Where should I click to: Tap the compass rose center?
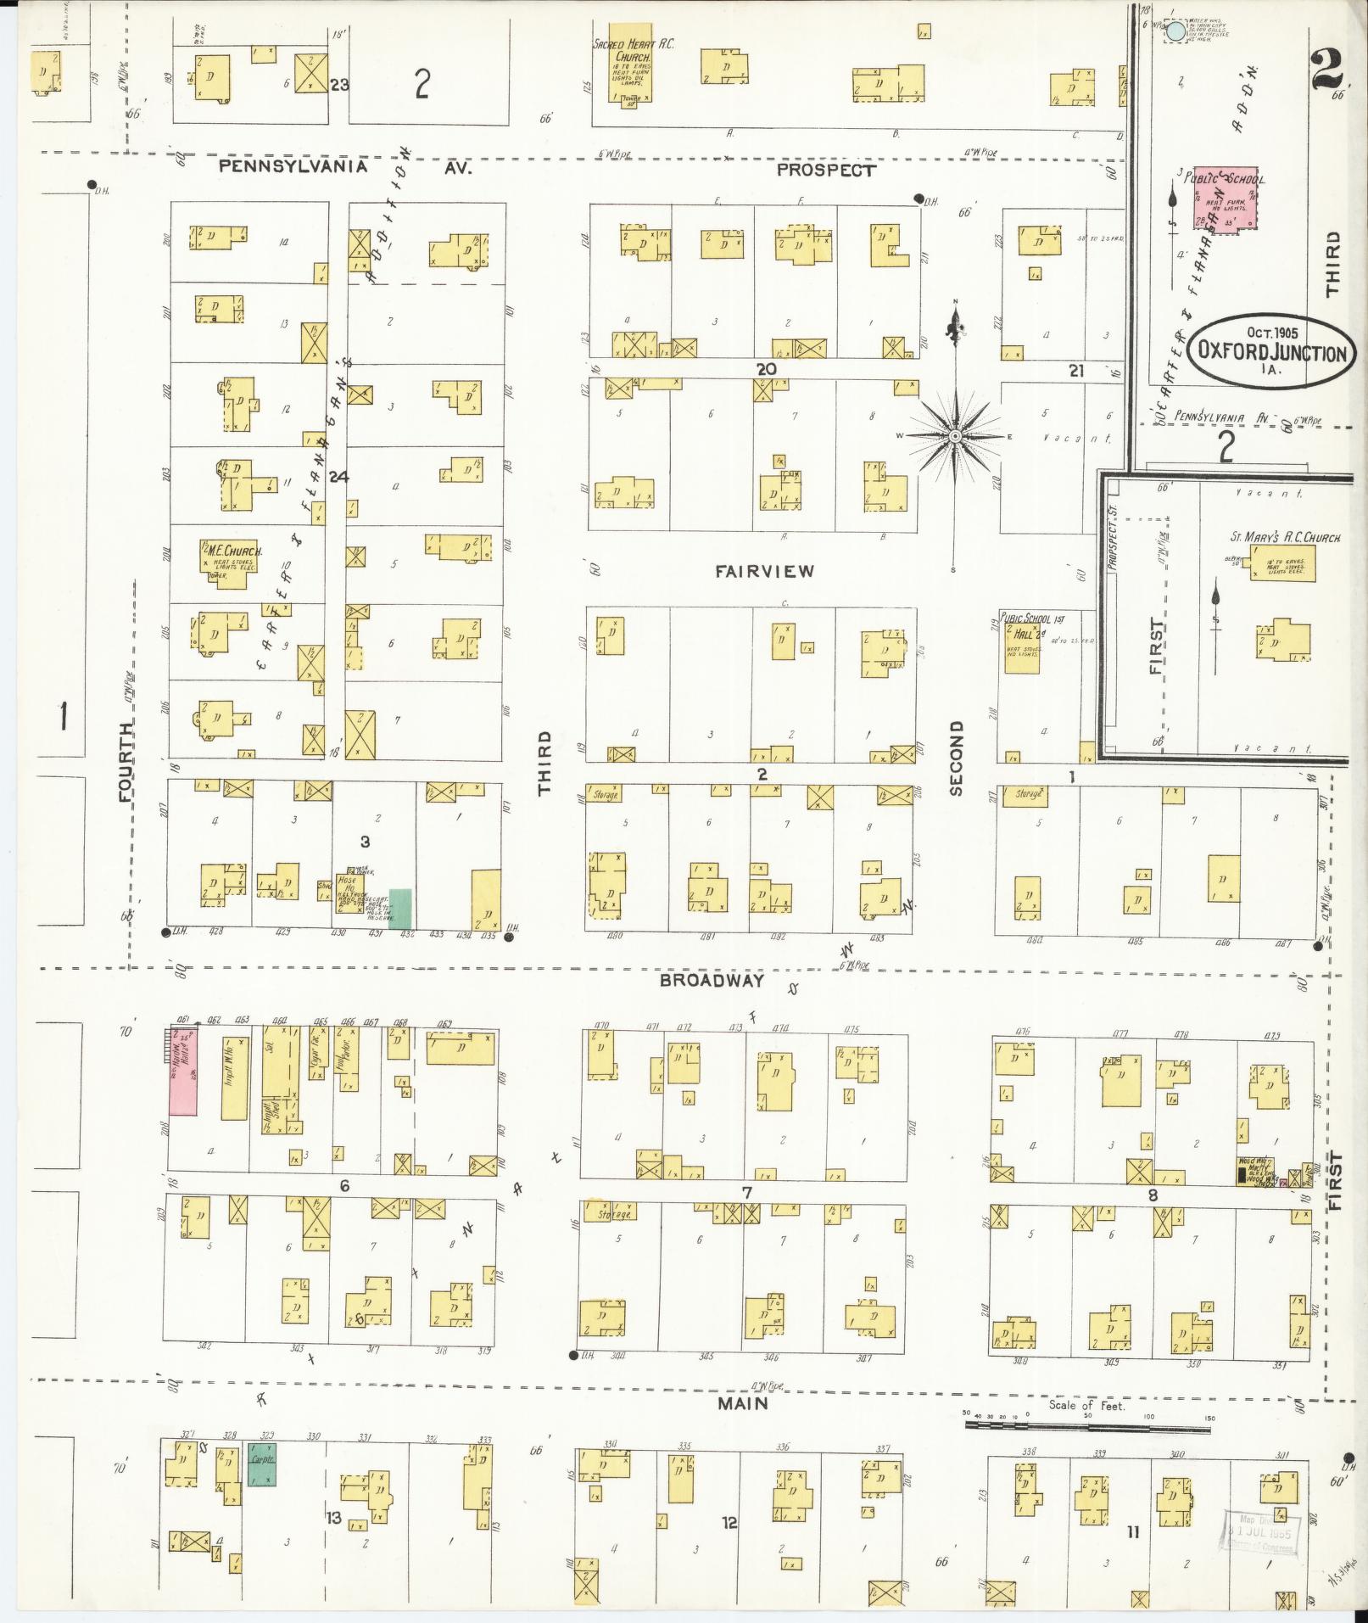coord(955,436)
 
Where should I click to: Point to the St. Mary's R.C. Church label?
coord(1285,538)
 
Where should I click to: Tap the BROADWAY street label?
coord(712,981)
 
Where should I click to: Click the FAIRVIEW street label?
coord(763,572)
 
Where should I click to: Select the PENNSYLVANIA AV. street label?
coord(343,167)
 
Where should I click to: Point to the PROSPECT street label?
coord(825,170)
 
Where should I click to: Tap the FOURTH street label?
coord(126,762)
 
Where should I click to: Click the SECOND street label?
coord(956,758)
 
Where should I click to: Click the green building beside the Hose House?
coord(400,908)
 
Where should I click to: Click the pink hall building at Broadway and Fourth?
coord(184,1071)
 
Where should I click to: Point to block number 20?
coord(767,369)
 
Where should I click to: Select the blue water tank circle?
coord(1176,32)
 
